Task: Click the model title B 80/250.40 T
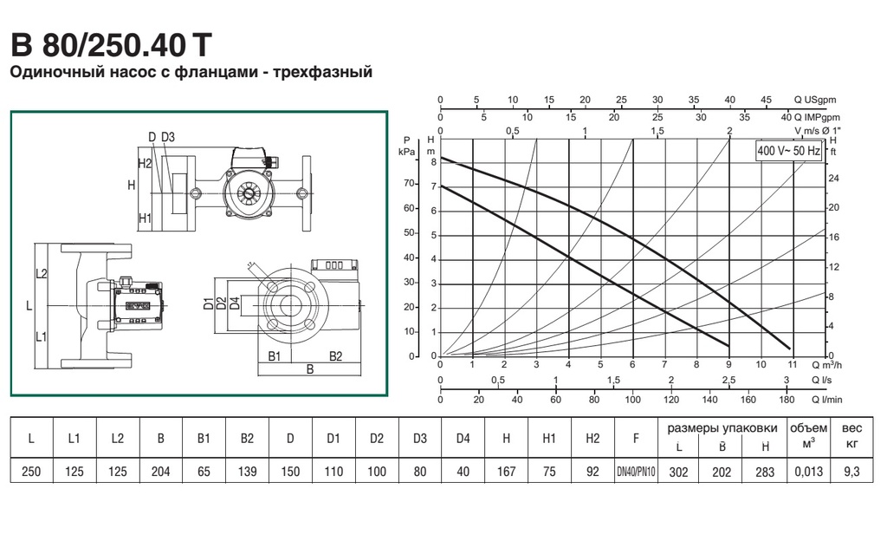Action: (x=112, y=45)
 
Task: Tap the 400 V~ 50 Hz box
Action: (x=788, y=151)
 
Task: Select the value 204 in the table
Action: (x=160, y=472)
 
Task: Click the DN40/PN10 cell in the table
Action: (x=636, y=472)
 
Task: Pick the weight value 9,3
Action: (x=851, y=472)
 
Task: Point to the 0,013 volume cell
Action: (x=808, y=472)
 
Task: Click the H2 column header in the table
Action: (x=592, y=439)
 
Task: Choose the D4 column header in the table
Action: (x=463, y=439)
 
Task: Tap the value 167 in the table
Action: (x=506, y=472)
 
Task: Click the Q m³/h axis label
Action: (x=827, y=364)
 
